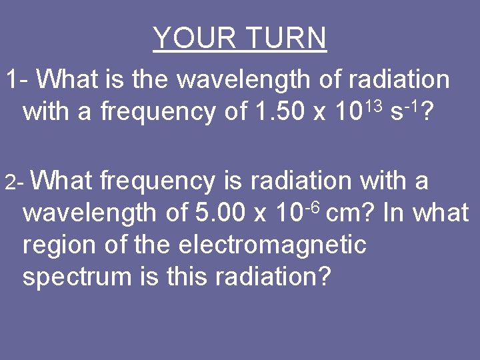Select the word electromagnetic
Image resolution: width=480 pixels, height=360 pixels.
pyautogui.click(x=273, y=245)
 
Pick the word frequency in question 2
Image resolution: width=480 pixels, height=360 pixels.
pyautogui.click(x=157, y=181)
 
